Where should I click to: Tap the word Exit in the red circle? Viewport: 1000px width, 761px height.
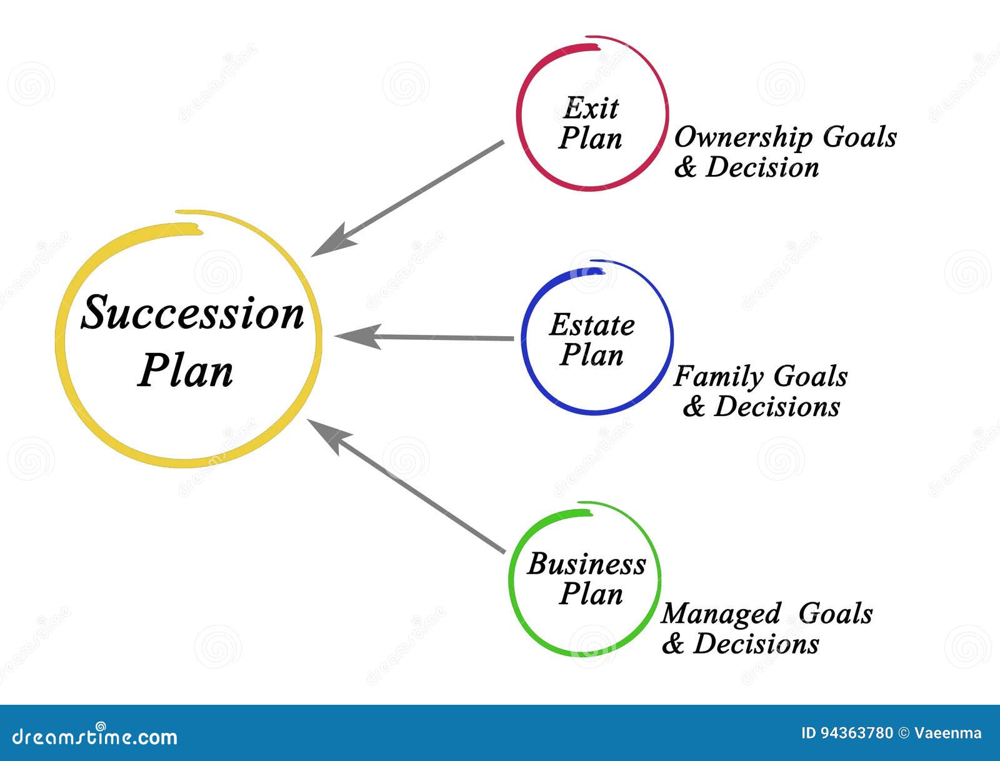tap(591, 108)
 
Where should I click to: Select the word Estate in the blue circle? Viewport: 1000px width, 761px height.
tap(592, 325)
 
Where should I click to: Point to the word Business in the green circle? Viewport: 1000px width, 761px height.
tap(586, 564)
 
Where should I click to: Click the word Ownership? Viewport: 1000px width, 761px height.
tap(743, 137)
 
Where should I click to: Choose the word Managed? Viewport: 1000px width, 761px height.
tap(721, 614)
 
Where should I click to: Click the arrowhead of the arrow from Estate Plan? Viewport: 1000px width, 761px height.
tap(358, 337)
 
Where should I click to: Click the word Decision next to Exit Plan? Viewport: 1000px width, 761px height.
tap(762, 167)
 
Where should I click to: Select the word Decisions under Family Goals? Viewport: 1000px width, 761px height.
tap(777, 406)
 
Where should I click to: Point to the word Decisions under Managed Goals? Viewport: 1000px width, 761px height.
tap(756, 644)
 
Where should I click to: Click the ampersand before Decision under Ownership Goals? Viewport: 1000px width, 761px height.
tap(686, 167)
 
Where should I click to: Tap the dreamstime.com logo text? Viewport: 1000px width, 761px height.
tap(95, 736)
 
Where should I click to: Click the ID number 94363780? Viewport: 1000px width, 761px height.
tap(856, 734)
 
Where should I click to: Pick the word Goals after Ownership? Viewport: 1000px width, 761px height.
tap(859, 137)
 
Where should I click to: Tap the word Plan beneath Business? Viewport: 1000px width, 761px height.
tap(591, 594)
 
